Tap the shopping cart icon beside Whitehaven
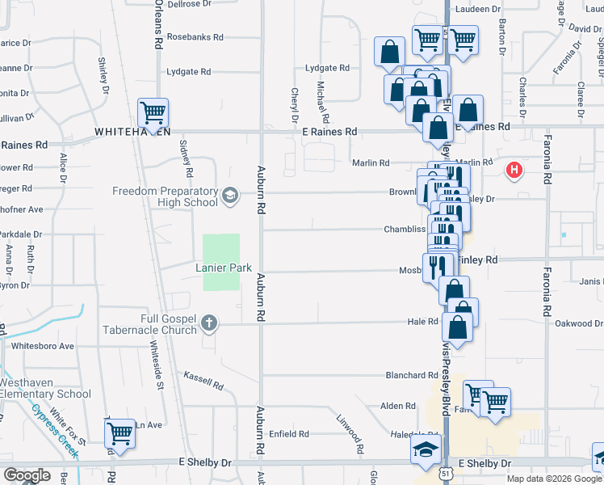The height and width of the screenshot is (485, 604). (x=153, y=112)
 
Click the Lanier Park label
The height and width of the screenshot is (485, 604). (x=224, y=268)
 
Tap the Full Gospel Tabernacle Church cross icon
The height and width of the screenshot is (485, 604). (x=209, y=324)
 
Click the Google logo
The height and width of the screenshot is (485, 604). (x=27, y=475)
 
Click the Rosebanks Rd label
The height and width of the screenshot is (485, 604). (x=195, y=37)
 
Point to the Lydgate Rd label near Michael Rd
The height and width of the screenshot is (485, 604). (x=326, y=69)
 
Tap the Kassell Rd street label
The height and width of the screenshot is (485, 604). (x=203, y=380)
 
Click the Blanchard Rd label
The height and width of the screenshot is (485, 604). (x=411, y=375)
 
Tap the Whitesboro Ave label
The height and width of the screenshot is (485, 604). (x=43, y=346)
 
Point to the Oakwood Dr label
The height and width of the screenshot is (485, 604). (x=579, y=323)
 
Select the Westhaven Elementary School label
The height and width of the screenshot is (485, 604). (x=45, y=388)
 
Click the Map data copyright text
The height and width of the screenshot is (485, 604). (x=554, y=479)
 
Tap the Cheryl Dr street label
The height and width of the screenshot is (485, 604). (x=295, y=104)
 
